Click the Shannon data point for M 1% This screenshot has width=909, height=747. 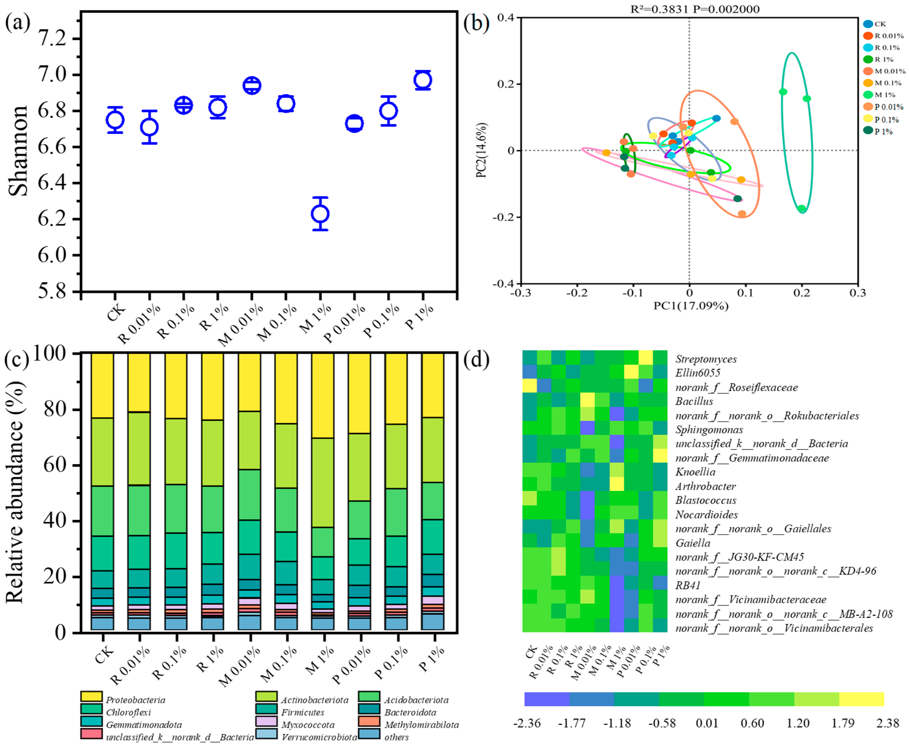point(320,214)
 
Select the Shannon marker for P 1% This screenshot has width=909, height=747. point(423,80)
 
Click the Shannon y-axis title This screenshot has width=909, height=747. point(18,151)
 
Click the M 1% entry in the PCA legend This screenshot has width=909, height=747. point(884,95)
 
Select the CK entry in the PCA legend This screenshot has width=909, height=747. point(880,24)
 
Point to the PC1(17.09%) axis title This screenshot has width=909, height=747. point(691,306)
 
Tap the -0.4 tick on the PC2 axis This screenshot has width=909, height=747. point(504,284)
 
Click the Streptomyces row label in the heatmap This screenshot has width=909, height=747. point(706,359)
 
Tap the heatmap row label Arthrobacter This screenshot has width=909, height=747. point(705,486)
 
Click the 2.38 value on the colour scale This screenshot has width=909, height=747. point(888,723)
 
